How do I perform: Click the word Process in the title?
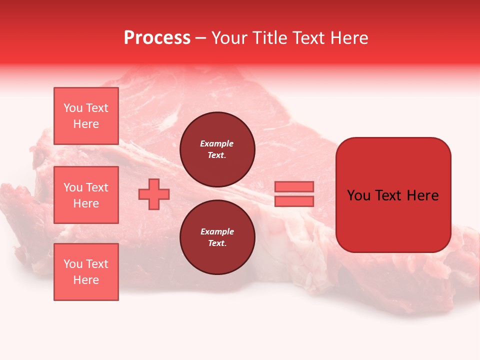(157, 38)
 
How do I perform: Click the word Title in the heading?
(268, 38)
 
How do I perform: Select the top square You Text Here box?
(86, 116)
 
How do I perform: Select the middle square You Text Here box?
(86, 195)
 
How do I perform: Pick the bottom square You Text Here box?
(86, 272)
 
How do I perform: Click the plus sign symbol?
(154, 193)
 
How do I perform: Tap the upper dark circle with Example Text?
(217, 149)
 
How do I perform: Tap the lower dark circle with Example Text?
(217, 237)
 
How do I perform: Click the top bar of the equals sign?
(294, 186)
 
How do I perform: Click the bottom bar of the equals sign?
(294, 201)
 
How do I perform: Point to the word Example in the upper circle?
(217, 143)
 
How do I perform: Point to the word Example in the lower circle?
(217, 231)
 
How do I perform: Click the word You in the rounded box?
(359, 195)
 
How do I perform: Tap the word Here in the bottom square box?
(86, 280)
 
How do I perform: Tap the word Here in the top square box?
(86, 124)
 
